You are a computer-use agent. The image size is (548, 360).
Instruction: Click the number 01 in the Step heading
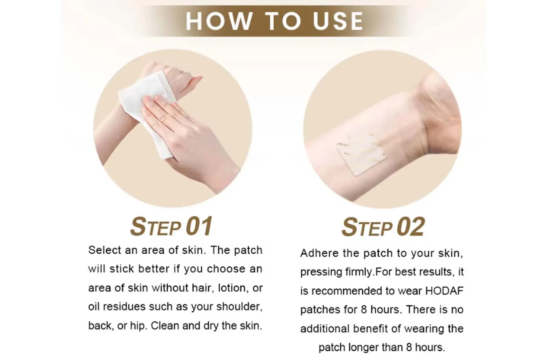(199, 226)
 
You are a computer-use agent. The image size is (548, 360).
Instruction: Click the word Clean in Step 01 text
(165, 326)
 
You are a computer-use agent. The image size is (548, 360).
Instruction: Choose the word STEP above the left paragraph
(155, 227)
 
